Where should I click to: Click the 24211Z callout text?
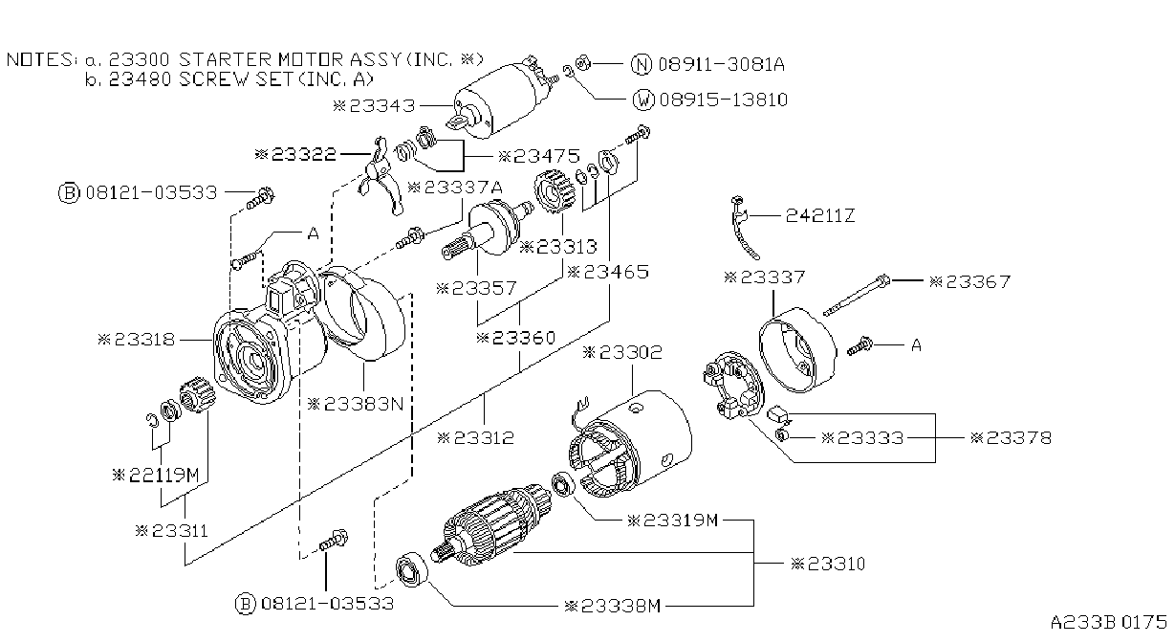[820, 215]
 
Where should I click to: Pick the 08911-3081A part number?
[721, 64]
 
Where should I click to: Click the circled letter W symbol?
[643, 100]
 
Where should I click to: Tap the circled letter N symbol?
[641, 64]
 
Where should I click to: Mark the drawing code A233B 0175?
[1108, 623]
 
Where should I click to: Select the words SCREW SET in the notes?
[236, 79]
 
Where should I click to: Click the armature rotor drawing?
[492, 525]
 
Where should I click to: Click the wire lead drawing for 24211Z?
[743, 228]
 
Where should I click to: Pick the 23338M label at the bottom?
[612, 607]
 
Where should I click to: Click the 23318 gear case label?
[137, 340]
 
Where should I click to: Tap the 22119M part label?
[156, 476]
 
